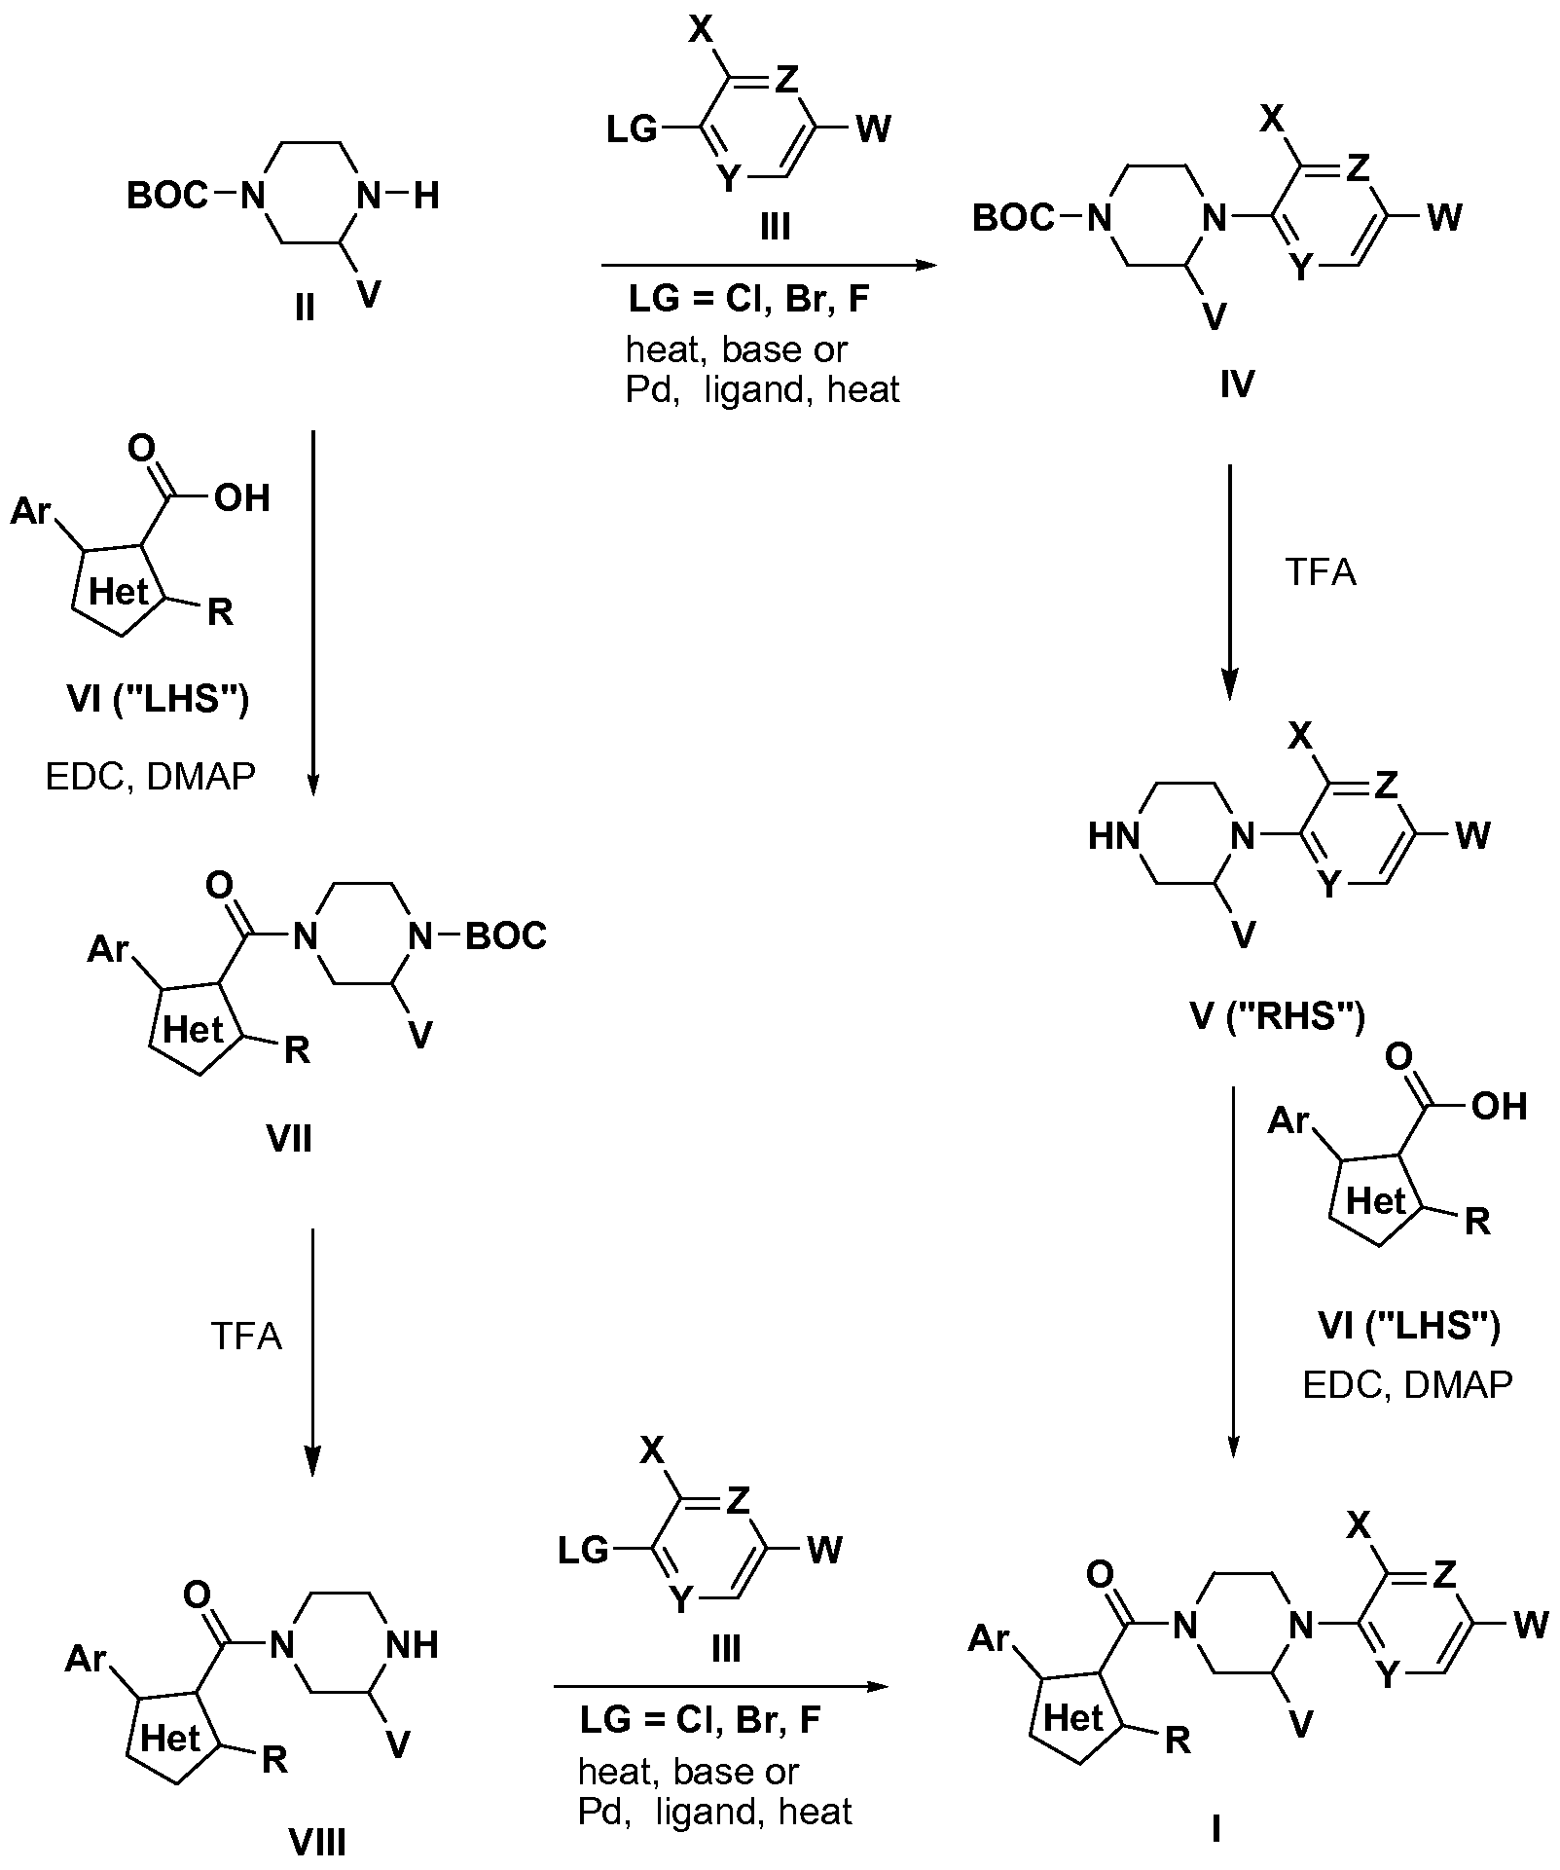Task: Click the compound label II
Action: click(305, 309)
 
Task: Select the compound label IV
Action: click(1236, 385)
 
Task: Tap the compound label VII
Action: click(289, 1137)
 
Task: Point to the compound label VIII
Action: click(318, 1842)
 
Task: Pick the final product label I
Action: click(1215, 1831)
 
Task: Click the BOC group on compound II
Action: click(167, 197)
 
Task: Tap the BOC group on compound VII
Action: click(505, 936)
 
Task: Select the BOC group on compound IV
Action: click(1013, 219)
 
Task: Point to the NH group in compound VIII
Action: click(412, 1645)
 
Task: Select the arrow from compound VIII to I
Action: click(721, 1686)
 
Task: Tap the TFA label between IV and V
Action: click(1321, 572)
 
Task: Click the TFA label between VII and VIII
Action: click(246, 1336)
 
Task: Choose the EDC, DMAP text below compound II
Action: click(151, 776)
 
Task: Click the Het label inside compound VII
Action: click(193, 1029)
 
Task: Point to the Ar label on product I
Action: click(991, 1639)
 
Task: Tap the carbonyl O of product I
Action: click(1101, 1575)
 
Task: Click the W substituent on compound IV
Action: click(1443, 217)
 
